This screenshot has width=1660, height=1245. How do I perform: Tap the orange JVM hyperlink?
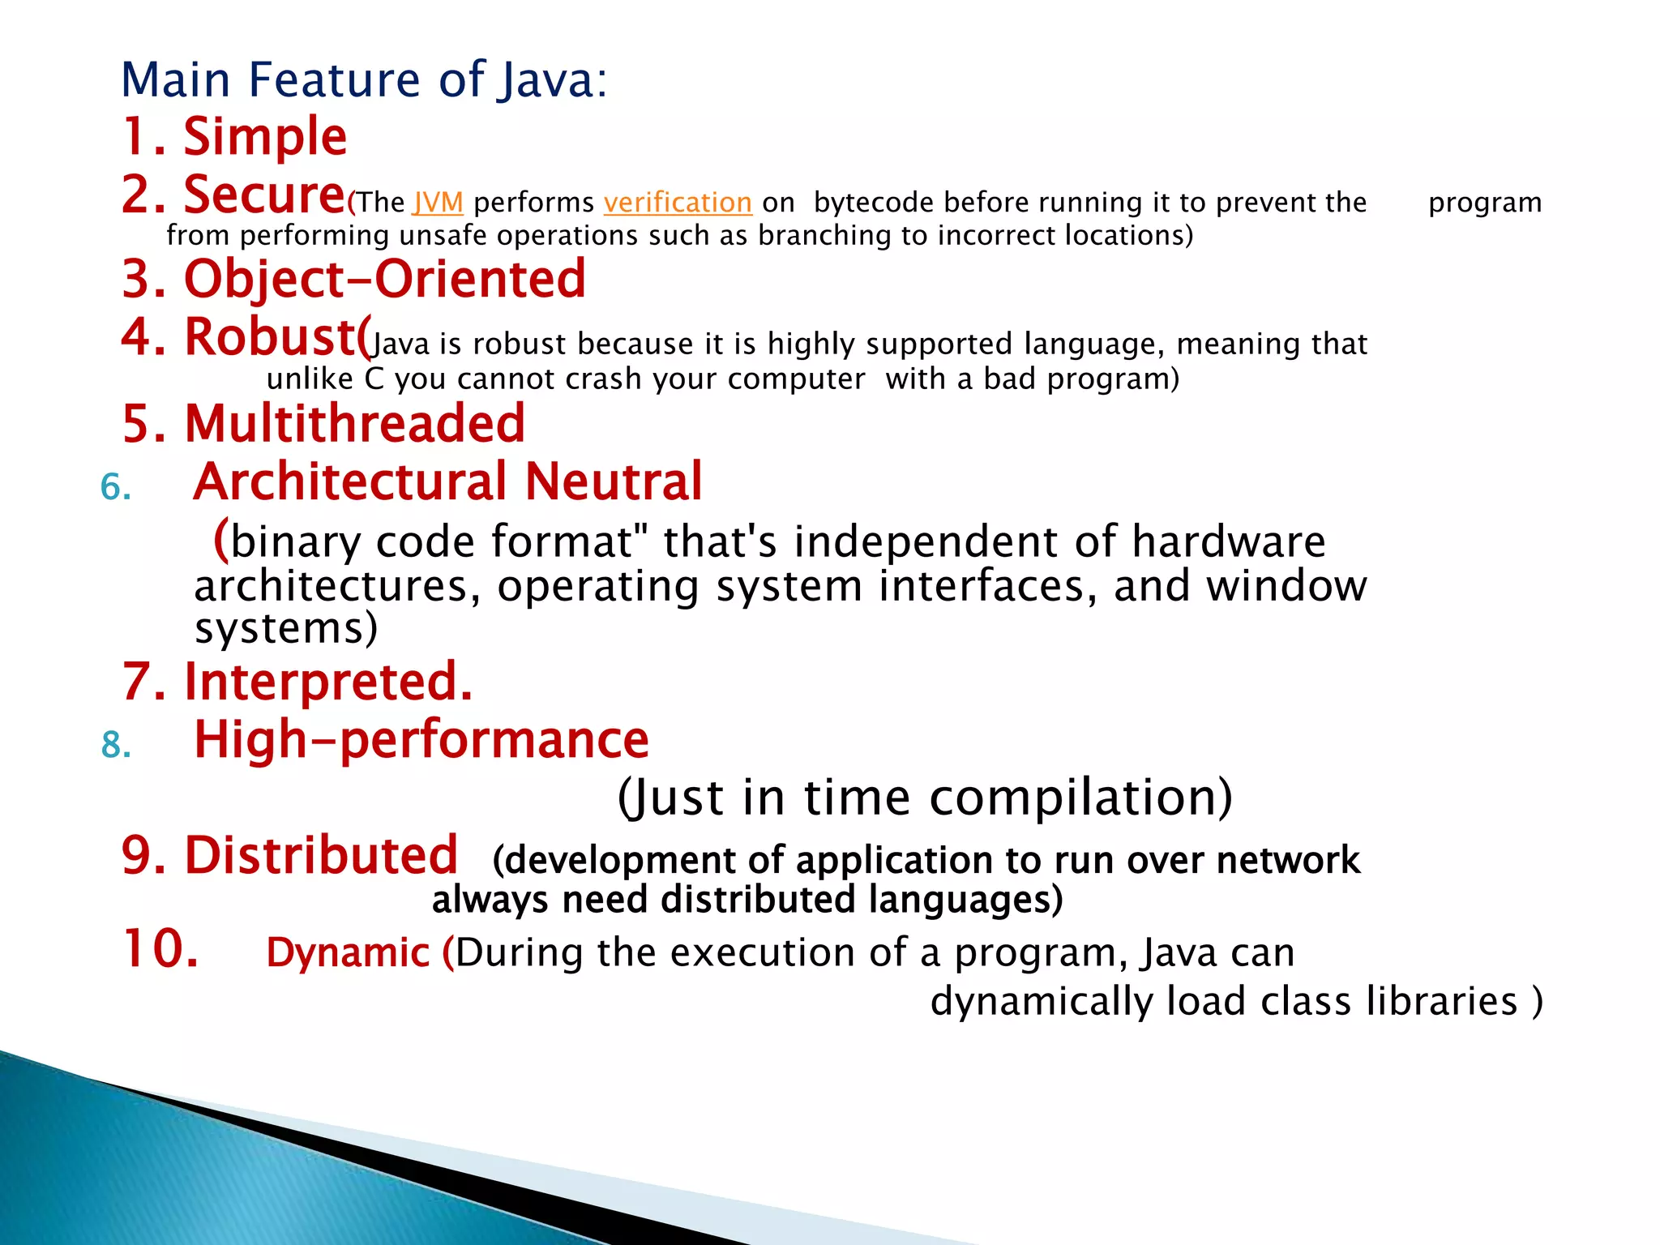(438, 203)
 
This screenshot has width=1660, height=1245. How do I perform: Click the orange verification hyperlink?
(678, 203)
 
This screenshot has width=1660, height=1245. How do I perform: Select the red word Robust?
(272, 336)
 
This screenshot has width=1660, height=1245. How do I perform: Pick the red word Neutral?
(613, 481)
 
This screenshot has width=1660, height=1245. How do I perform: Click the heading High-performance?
(421, 740)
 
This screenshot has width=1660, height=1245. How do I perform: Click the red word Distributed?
(321, 856)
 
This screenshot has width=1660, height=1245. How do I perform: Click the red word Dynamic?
(347, 953)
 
